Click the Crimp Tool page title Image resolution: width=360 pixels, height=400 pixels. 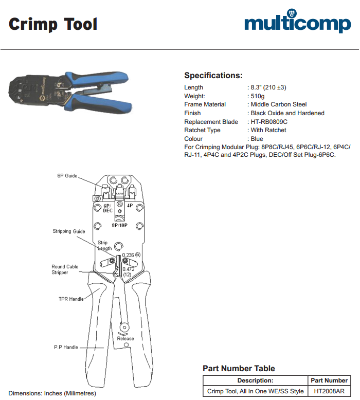coord(53,24)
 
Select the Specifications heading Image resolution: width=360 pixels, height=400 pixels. coord(213,76)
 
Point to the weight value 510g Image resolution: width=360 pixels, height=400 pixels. coord(258,96)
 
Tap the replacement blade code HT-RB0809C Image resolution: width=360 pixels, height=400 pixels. coord(269,122)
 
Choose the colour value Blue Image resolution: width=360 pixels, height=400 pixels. coord(257,139)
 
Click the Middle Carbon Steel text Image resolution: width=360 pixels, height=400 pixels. coord(279,104)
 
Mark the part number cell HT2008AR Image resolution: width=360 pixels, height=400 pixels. coord(329,391)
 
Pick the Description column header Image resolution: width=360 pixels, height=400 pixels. coord(256,380)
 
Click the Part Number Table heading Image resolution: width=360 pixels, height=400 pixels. coord(239,368)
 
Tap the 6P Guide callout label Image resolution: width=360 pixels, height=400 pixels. coord(67,176)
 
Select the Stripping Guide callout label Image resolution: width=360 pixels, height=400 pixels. coord(69,231)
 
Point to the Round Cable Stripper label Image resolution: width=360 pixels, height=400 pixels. coord(65,269)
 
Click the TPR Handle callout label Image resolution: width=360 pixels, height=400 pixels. coord(71,299)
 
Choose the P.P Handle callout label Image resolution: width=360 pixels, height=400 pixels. coord(66,347)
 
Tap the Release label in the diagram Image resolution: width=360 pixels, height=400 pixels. coord(125,338)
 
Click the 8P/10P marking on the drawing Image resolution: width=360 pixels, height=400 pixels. coord(119,225)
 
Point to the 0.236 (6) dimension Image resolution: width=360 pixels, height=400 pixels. coord(131,255)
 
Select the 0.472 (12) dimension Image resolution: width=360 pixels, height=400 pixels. coord(129,271)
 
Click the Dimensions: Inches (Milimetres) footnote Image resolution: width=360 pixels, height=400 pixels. coord(52,393)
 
